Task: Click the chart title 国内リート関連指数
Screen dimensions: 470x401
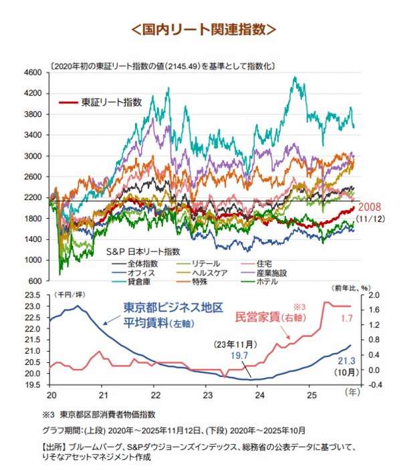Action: (x=201, y=29)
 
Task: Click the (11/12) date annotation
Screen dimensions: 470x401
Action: (x=372, y=219)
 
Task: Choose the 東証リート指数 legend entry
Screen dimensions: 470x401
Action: (x=111, y=102)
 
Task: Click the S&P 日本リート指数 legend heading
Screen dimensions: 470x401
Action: (x=143, y=251)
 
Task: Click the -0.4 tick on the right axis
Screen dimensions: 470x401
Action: (x=372, y=385)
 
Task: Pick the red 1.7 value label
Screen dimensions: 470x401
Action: (x=346, y=329)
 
